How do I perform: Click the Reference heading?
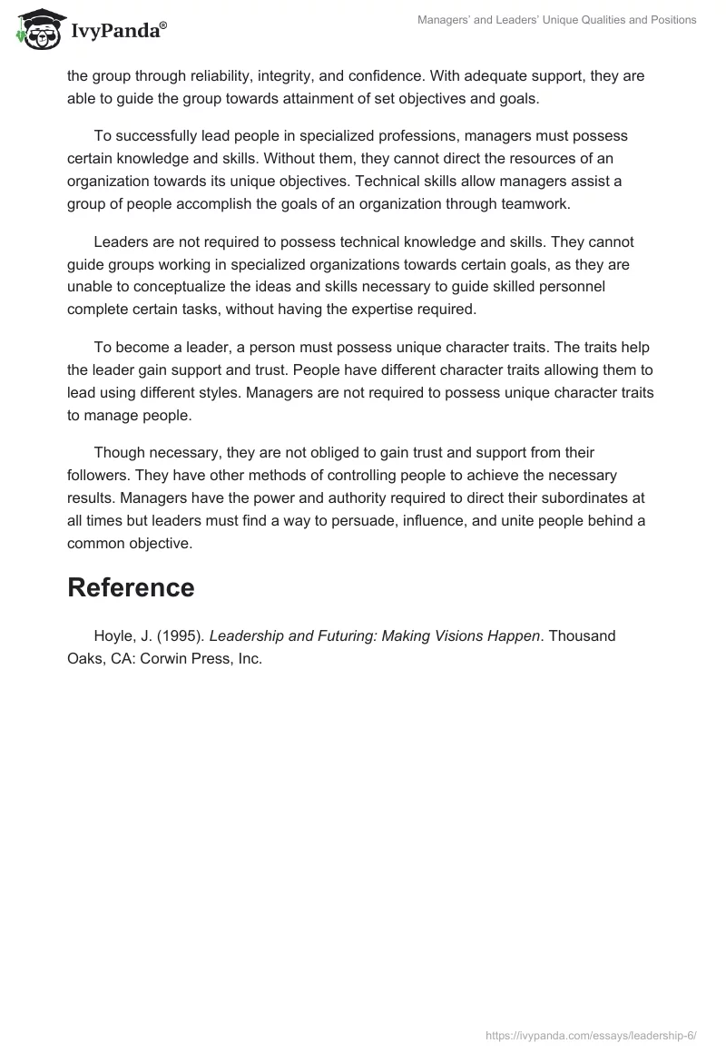click(x=131, y=587)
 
